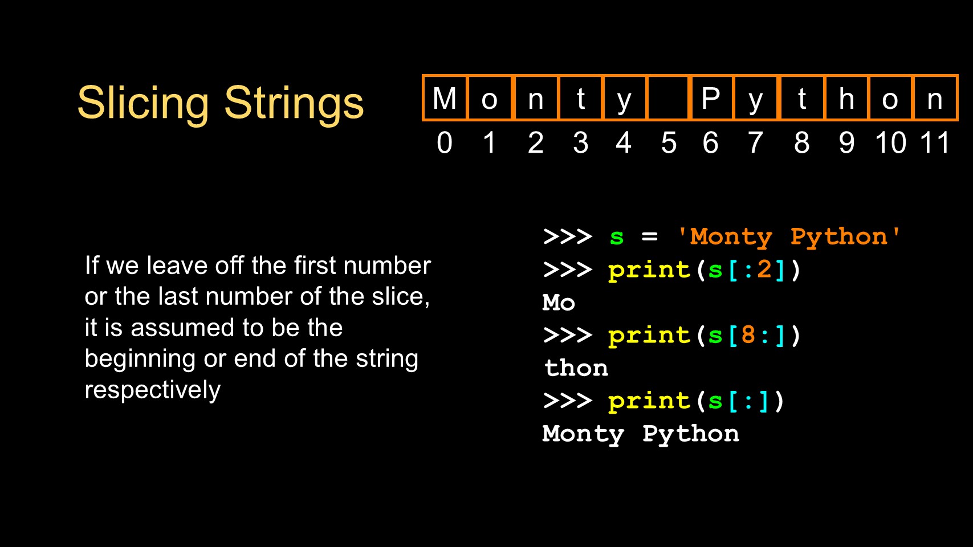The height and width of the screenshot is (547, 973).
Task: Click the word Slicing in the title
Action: (143, 104)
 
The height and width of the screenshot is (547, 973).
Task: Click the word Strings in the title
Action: (294, 104)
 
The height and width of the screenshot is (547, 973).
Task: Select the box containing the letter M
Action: (445, 97)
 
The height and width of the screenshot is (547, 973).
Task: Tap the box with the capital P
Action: (711, 97)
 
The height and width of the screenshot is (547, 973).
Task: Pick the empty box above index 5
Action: (668, 97)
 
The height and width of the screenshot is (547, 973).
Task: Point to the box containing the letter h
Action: (846, 97)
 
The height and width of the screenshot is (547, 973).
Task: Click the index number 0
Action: (445, 143)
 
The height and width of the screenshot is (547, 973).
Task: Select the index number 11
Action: (935, 143)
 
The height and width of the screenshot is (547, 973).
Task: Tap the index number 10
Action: (890, 143)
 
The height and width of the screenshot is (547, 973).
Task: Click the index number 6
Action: (711, 143)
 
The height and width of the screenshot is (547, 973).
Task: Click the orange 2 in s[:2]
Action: (764, 270)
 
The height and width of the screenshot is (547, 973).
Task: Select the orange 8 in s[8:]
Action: (748, 335)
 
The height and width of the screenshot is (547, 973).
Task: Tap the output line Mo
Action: (559, 303)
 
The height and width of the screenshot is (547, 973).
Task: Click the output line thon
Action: (576, 368)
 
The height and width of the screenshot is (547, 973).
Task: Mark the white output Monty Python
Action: (641, 434)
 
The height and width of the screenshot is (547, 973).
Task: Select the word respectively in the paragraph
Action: (152, 390)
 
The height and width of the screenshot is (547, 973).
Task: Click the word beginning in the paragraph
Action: (140, 359)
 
